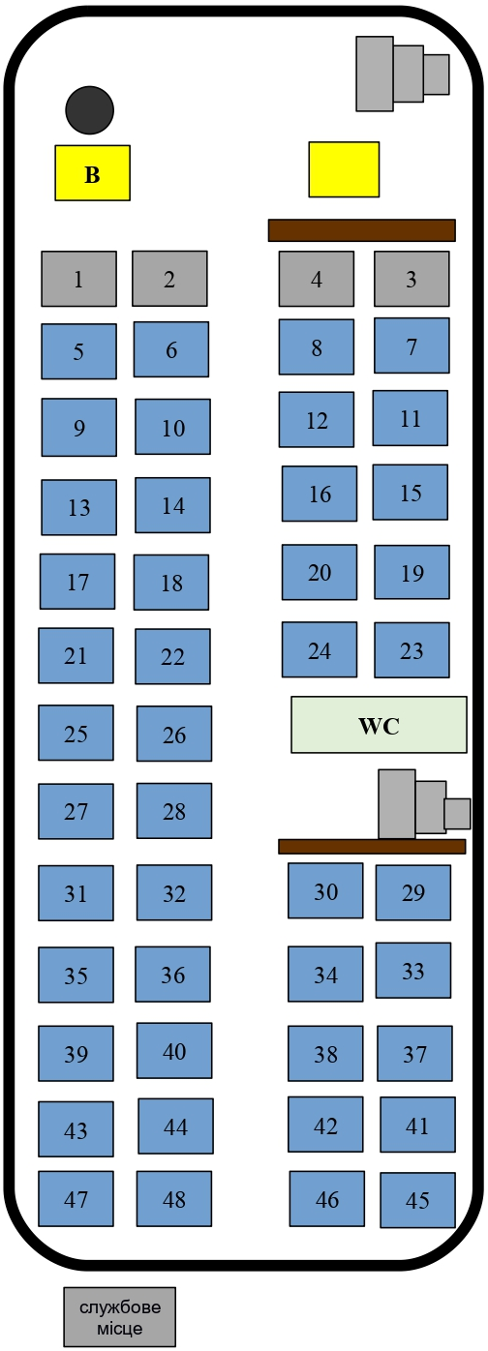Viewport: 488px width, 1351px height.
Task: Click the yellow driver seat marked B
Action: click(x=92, y=172)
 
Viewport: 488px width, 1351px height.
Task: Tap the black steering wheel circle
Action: click(x=89, y=109)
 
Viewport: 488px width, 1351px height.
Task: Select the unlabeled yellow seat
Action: click(x=344, y=169)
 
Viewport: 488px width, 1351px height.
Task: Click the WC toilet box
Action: click(x=379, y=725)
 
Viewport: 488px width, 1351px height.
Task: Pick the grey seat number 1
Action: click(x=79, y=279)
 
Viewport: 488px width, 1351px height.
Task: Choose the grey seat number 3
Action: click(x=412, y=279)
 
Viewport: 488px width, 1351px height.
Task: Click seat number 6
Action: click(x=171, y=349)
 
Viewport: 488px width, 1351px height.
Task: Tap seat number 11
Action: click(x=411, y=418)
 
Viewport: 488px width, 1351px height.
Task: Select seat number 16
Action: click(x=320, y=494)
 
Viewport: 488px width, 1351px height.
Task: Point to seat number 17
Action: click(x=77, y=582)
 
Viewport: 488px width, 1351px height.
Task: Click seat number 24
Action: click(x=320, y=649)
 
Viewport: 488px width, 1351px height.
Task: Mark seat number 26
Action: click(x=173, y=734)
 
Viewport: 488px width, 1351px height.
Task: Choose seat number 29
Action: click(x=413, y=892)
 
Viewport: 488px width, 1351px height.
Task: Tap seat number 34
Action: click(x=325, y=974)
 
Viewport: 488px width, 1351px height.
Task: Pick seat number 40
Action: click(x=173, y=1050)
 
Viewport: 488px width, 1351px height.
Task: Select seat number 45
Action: click(x=417, y=1200)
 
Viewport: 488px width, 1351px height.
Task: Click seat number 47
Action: click(x=76, y=1198)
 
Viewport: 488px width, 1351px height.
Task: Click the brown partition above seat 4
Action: click(x=362, y=230)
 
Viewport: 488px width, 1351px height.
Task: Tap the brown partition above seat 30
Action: click(x=372, y=846)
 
